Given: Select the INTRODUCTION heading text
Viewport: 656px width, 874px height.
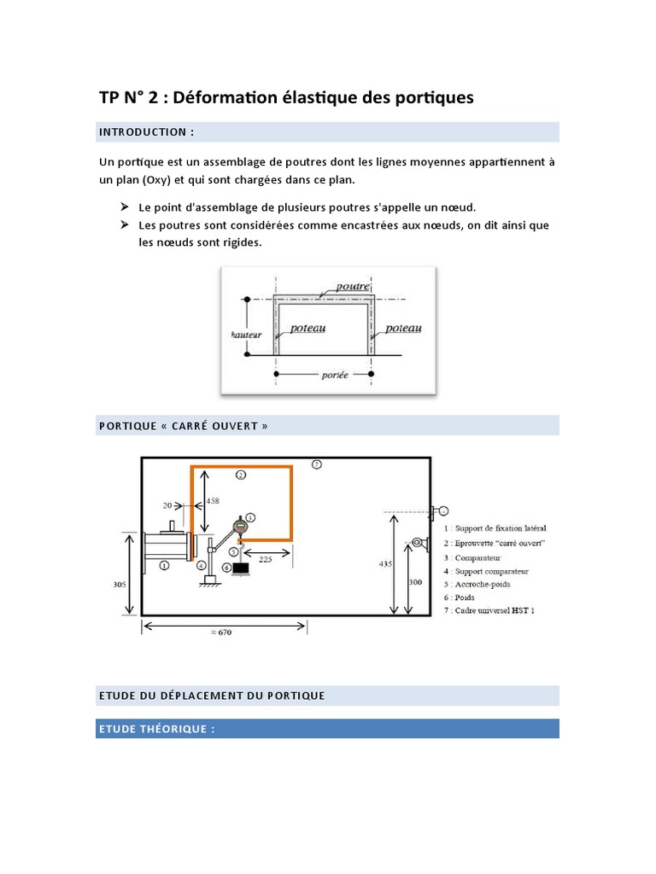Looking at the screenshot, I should click(146, 132).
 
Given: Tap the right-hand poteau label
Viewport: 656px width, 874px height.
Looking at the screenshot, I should click(403, 328).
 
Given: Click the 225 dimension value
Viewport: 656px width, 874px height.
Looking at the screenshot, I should click(266, 561).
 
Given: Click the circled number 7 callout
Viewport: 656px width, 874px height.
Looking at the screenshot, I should click(316, 464).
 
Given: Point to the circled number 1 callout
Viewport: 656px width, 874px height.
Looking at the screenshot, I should click(164, 565).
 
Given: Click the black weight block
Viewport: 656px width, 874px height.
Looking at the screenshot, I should click(241, 568).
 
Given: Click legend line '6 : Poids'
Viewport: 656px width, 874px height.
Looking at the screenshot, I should click(466, 597).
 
